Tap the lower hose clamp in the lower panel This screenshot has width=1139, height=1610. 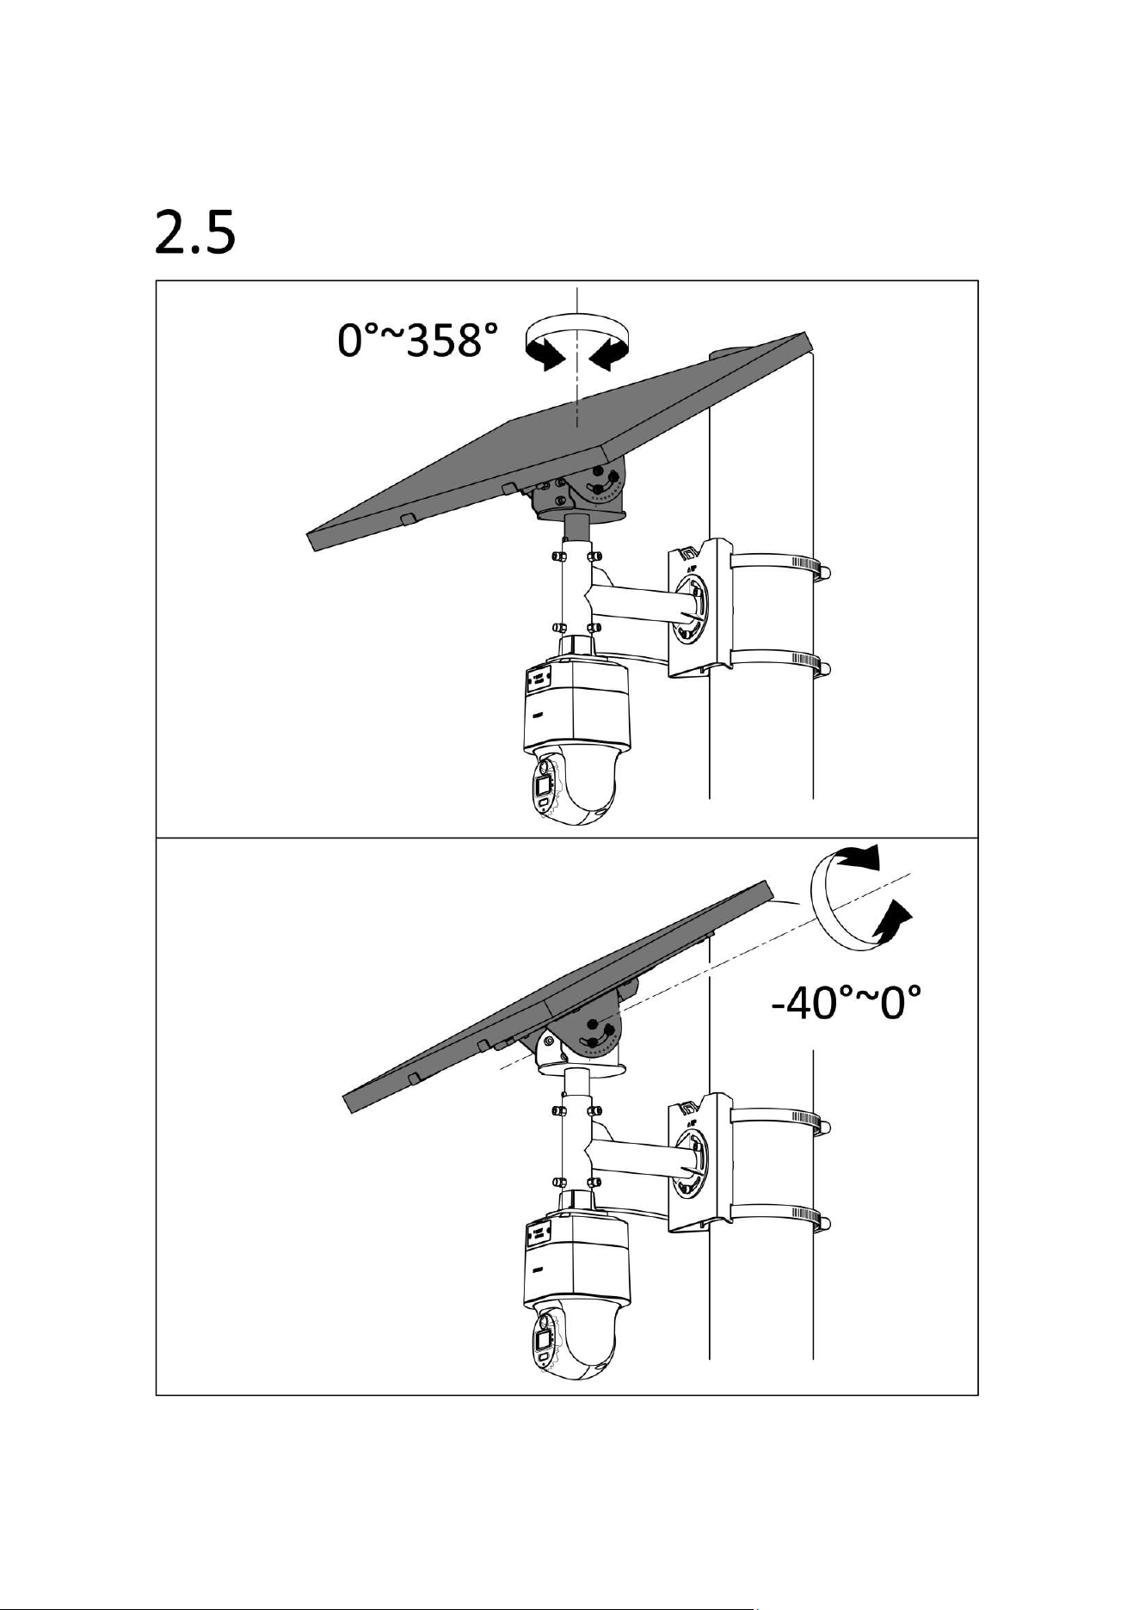tap(779, 1220)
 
